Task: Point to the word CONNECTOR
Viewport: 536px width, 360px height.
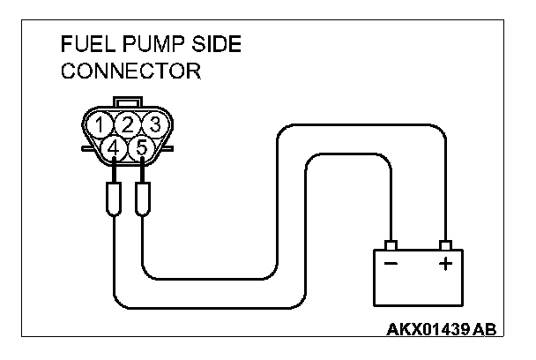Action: point(130,71)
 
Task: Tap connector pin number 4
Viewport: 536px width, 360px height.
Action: point(114,148)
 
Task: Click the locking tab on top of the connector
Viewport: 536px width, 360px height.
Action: point(129,104)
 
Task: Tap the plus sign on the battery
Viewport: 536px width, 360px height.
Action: point(444,263)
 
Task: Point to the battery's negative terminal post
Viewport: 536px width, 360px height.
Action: point(391,244)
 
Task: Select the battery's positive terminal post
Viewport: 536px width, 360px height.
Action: point(446,244)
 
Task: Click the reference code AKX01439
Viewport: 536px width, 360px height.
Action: point(428,329)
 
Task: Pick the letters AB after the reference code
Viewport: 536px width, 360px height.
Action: point(484,329)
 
